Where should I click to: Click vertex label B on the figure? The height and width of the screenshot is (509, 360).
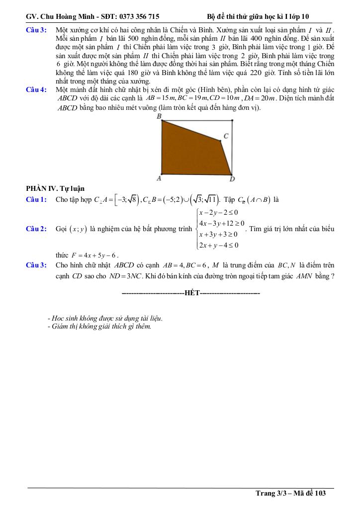click(x=159, y=116)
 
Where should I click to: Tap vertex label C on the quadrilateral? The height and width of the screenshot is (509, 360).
click(x=226, y=136)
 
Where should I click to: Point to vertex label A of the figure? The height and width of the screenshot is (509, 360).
click(x=159, y=178)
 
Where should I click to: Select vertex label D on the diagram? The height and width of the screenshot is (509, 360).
click(x=232, y=179)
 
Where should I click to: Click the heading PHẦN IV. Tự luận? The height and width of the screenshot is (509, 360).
click(x=55, y=188)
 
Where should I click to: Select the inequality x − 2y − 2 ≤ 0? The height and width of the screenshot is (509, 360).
click(x=221, y=212)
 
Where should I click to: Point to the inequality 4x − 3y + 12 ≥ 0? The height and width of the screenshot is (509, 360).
click(x=221, y=223)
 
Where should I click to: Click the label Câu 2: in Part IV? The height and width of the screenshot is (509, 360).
click(x=36, y=229)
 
